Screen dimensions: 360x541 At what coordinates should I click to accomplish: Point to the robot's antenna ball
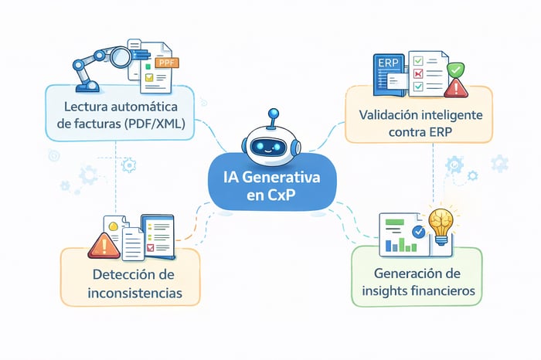[271, 114]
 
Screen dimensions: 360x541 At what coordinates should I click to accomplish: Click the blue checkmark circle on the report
[419, 230]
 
